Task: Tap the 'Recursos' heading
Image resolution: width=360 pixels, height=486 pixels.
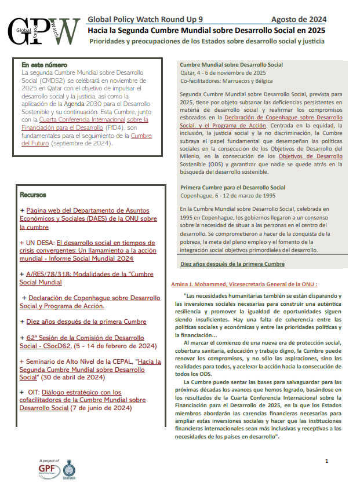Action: click(x=33, y=195)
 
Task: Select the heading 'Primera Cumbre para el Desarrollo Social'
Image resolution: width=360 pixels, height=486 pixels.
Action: click(x=233, y=188)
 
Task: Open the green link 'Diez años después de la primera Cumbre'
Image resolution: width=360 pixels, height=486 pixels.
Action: click(x=232, y=264)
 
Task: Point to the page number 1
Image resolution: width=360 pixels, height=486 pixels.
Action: click(x=327, y=461)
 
